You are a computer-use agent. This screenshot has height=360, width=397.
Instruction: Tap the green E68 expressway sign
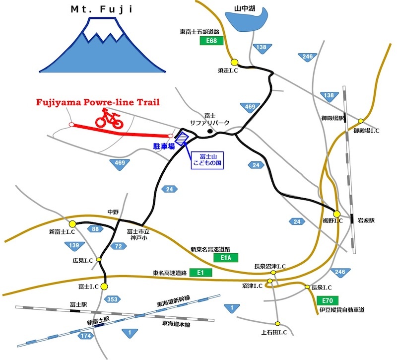pos(212,41)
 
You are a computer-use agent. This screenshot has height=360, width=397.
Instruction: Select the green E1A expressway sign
pos(226,258)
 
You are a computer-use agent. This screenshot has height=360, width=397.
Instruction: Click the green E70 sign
pos(328,300)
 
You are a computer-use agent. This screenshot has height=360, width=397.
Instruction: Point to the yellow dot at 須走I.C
pos(234,62)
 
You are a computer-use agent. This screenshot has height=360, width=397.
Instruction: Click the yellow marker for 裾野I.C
pos(337,214)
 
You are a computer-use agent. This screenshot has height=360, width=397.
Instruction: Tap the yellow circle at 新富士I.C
pos(72,224)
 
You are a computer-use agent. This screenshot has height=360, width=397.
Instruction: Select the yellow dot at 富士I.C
pos(104,287)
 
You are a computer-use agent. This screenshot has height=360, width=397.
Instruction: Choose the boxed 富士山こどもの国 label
pos(207,160)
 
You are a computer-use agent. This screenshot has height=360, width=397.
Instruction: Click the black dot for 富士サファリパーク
pos(210,131)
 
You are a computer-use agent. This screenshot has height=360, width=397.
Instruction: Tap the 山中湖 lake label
pos(245,9)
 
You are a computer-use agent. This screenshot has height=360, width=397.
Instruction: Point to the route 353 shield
pos(112,299)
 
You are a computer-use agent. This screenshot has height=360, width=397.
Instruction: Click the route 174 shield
pos(85,336)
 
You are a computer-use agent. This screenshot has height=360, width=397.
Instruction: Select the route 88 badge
pos(95,229)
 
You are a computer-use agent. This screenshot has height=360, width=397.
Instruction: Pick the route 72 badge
pos(119,246)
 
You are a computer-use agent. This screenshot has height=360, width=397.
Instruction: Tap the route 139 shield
pos(73,246)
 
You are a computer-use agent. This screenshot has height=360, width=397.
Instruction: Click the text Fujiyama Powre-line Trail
pos(98,102)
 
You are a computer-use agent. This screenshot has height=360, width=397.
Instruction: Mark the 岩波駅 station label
pos(366,220)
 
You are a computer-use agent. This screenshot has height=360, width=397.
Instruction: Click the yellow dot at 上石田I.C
pos(278,324)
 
